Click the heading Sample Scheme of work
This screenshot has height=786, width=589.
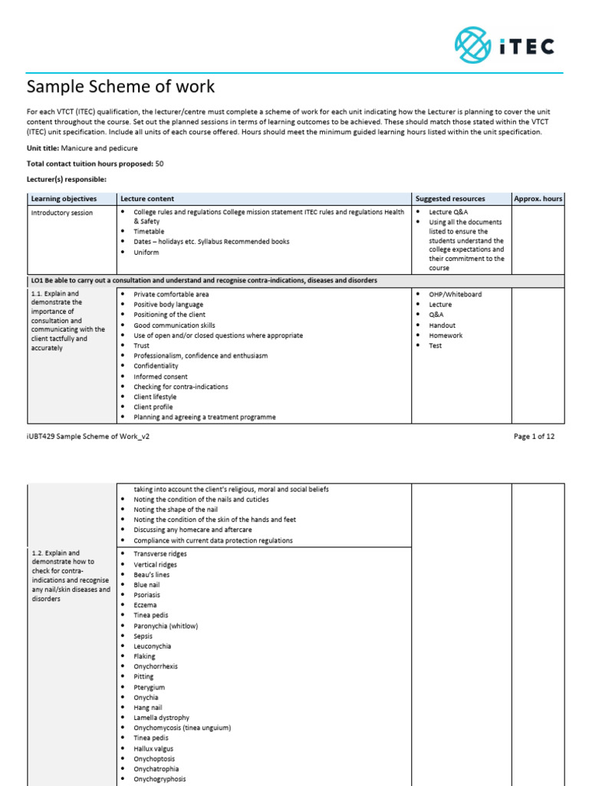121,87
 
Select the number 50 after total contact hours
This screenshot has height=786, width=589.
160,163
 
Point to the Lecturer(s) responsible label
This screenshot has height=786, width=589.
67,180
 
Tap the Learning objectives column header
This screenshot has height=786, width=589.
64,199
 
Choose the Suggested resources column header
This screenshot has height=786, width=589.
449,199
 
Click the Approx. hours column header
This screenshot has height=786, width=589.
538,199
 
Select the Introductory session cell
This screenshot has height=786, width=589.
61,213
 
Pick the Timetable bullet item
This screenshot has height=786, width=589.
149,231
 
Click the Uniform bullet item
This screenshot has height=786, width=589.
146,253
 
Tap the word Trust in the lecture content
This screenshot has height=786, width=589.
142,346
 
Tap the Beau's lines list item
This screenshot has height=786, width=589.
152,575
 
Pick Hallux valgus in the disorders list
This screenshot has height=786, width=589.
153,748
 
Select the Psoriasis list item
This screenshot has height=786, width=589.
148,595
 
